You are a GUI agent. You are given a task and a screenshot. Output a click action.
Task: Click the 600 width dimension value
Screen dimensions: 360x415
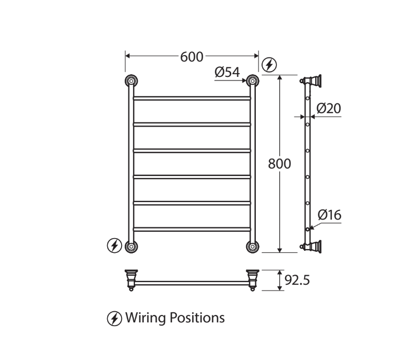[x=192, y=57]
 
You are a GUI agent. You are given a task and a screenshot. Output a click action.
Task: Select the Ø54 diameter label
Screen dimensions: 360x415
[x=227, y=72]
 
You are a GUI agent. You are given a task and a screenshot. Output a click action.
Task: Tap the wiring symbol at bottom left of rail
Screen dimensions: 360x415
[x=114, y=245]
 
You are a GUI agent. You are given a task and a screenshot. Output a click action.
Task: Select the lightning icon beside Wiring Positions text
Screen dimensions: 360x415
[x=114, y=318]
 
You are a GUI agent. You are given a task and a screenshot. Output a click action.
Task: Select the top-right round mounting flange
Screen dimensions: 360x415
[x=253, y=81]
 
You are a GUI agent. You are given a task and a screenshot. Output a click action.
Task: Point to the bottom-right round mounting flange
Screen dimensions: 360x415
[x=253, y=246]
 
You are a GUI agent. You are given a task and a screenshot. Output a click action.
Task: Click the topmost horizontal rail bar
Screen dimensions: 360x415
[x=192, y=98]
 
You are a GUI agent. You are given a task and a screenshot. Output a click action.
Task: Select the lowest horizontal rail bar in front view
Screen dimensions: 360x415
[x=192, y=229]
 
